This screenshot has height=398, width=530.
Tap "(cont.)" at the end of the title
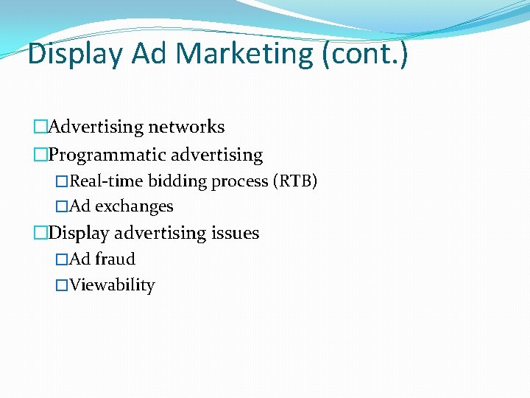[364, 54]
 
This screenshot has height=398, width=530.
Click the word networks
[187, 127]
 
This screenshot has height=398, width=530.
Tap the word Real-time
[106, 181]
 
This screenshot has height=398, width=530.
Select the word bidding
[174, 181]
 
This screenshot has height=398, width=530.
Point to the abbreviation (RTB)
[294, 181]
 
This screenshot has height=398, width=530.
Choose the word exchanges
[134, 207]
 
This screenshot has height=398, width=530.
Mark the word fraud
[115, 259]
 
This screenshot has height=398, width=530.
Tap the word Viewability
[112, 285]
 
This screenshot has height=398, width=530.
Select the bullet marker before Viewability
[62, 285]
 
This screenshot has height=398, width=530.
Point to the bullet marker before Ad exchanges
[62, 207]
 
